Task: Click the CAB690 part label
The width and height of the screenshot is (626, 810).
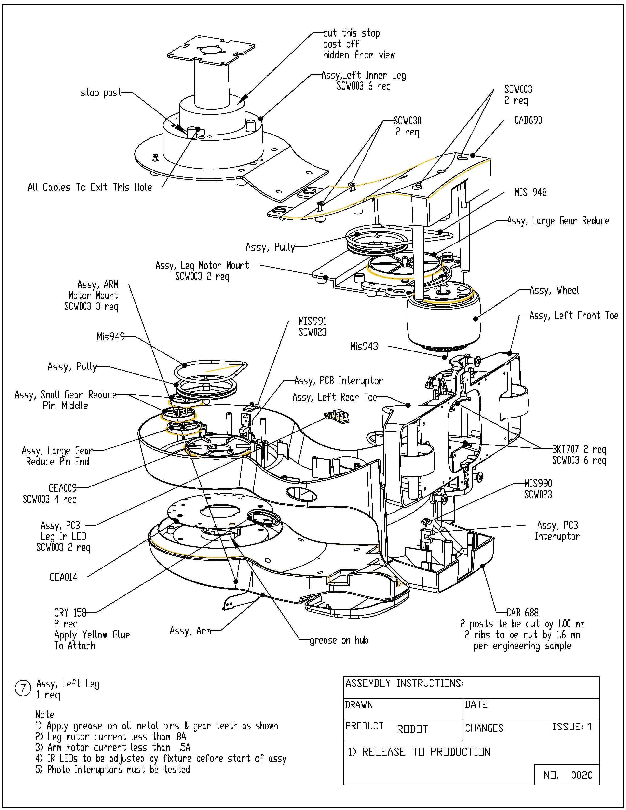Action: tap(528, 120)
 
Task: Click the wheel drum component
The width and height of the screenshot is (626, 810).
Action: tap(444, 319)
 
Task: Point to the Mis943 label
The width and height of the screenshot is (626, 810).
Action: tap(364, 346)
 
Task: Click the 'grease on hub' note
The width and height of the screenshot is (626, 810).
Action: tap(339, 640)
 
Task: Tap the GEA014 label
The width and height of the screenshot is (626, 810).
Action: tap(63, 577)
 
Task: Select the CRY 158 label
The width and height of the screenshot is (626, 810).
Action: tap(70, 612)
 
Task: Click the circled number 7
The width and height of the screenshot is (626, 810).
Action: tap(23, 688)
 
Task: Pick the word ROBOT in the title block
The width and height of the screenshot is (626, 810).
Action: tap(412, 729)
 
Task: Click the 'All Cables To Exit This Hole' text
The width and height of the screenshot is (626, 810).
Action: tap(90, 187)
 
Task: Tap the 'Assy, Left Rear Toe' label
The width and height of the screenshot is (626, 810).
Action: tap(335, 397)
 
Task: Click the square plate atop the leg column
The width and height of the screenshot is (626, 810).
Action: tap(211, 51)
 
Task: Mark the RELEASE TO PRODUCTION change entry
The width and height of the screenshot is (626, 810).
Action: tap(419, 752)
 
